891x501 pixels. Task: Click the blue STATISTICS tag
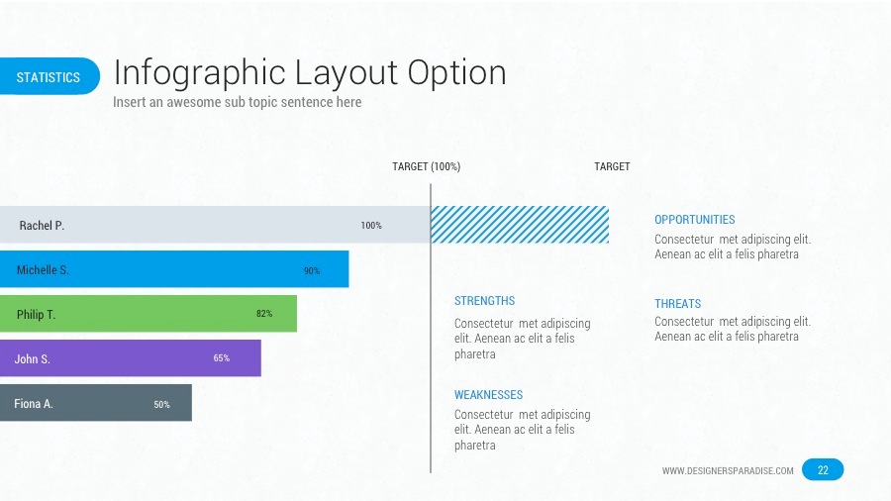click(49, 77)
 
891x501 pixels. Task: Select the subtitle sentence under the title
click(237, 102)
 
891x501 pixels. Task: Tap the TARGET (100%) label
click(426, 166)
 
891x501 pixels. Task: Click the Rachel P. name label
click(42, 226)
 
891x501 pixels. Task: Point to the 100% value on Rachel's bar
click(371, 226)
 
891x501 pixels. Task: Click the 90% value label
click(311, 270)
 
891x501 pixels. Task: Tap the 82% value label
click(264, 314)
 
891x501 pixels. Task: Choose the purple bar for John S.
click(129, 358)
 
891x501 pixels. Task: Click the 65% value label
click(222, 358)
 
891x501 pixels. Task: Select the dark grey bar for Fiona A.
click(99, 403)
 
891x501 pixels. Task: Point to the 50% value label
click(161, 404)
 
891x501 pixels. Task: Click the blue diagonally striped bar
click(520, 225)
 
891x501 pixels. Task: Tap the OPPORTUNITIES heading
click(694, 220)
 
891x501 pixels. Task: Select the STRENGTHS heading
click(484, 301)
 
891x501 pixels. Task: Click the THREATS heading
click(677, 304)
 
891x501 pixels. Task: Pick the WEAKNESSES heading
click(488, 395)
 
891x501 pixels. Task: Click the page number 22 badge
click(823, 470)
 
